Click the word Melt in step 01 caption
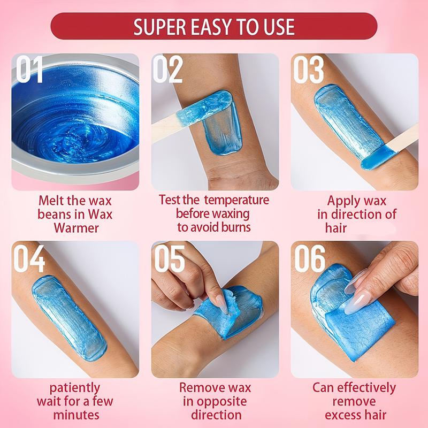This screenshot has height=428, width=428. coord(52,201)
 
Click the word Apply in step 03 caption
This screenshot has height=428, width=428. coord(345,201)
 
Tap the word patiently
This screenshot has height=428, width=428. coord(75,387)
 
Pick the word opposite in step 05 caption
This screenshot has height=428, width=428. coord(215,401)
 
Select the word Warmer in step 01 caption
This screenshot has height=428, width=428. coord(75,228)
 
